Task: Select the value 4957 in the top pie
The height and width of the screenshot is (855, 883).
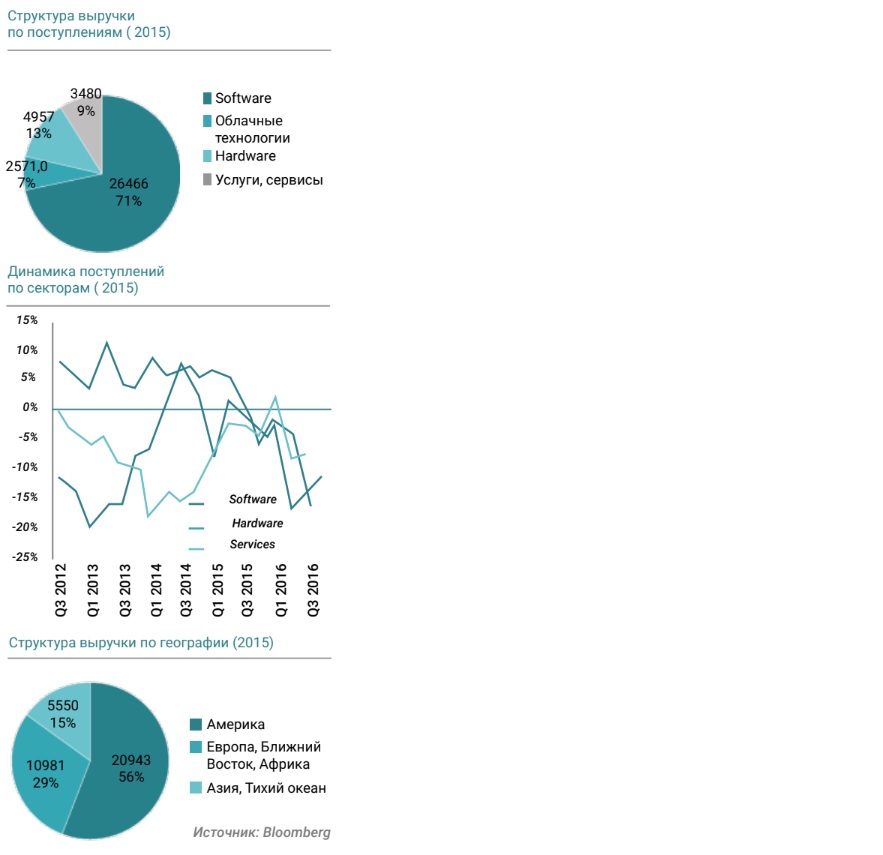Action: click(40, 117)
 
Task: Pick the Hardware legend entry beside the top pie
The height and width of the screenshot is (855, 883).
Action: click(245, 156)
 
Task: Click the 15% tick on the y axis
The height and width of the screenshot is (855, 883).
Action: click(26, 320)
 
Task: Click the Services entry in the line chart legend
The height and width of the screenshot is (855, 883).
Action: click(252, 544)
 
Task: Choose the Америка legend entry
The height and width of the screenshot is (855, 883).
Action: click(236, 724)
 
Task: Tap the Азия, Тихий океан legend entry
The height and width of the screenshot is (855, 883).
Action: click(266, 788)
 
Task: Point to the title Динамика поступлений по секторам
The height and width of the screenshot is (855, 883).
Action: click(86, 279)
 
